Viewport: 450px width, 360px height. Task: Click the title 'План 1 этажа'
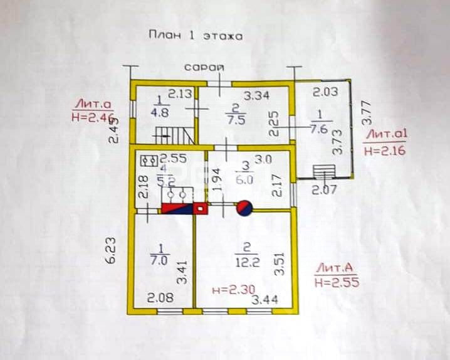[194, 36]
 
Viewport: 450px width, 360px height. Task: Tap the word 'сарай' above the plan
[202, 66]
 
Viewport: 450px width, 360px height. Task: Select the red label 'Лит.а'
[92, 104]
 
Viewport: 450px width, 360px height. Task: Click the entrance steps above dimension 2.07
[323, 171]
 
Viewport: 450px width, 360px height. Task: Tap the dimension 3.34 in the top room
[256, 95]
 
